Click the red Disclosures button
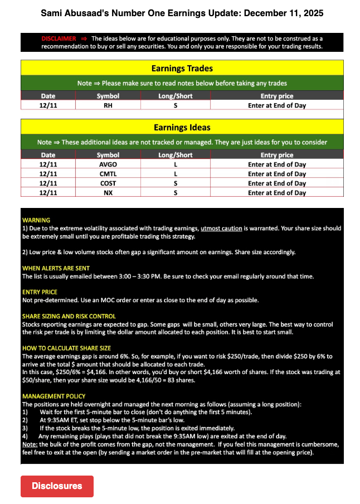point(57,486)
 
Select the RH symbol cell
point(108,105)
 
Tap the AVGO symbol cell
point(108,164)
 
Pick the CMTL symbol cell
point(108,174)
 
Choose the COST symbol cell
point(108,183)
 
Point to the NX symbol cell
point(108,193)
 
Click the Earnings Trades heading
point(182,69)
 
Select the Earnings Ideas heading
point(182,128)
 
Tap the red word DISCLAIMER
point(59,38)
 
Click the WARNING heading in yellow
point(36,220)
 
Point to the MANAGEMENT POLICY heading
point(54,396)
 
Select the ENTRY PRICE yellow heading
point(40,292)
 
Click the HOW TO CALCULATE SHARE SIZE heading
point(66,348)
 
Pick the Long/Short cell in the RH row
point(175,105)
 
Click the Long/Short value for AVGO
point(175,164)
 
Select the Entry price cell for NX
point(277,193)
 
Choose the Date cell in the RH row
point(48,105)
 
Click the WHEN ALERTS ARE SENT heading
point(56,268)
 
